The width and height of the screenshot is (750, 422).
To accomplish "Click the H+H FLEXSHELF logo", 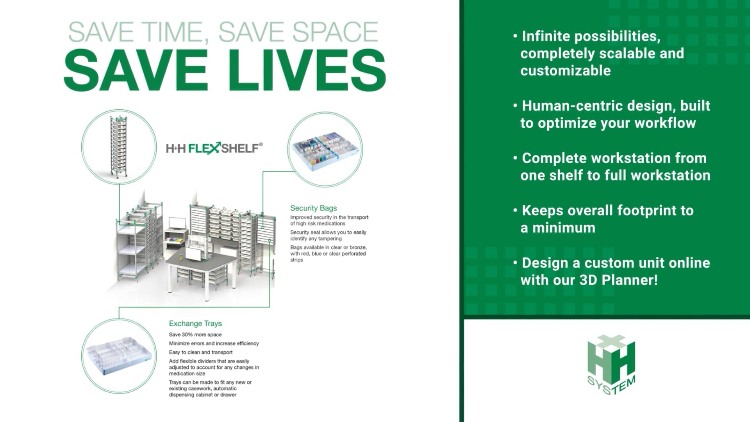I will pyautogui.click(x=214, y=148).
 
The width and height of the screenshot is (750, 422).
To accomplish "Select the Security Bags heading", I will pyautogui.click(x=313, y=208).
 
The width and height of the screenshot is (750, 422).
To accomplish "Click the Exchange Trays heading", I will pyautogui.click(x=195, y=324).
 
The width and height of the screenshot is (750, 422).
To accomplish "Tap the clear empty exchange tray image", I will pyautogui.click(x=119, y=356).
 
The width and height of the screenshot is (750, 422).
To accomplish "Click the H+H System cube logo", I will pyautogui.click(x=611, y=365).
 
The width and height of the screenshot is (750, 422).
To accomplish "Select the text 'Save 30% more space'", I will pyautogui.click(x=195, y=334).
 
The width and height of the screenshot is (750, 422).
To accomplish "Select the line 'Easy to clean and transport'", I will pyautogui.click(x=200, y=352).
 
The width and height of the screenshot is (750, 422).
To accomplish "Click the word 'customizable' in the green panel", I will pyautogui.click(x=565, y=71).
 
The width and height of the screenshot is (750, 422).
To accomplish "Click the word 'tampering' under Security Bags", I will pyautogui.click(x=330, y=239).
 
